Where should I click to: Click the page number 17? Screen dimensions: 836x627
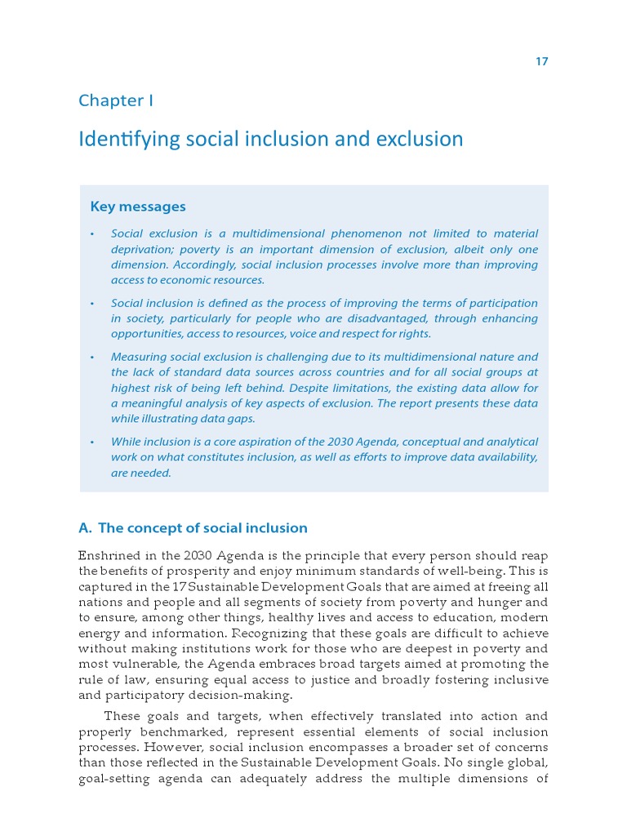click(541, 62)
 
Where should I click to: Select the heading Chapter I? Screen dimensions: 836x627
click(116, 100)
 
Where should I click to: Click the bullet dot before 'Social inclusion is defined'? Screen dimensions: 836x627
click(92, 304)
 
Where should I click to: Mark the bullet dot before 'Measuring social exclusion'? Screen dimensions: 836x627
click(92, 358)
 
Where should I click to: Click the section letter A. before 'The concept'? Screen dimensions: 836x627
click(85, 528)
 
